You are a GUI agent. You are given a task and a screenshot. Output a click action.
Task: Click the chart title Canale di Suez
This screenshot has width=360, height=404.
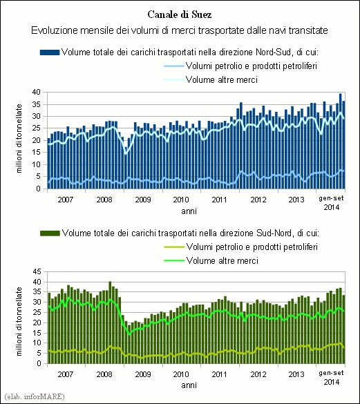(x=180, y=15)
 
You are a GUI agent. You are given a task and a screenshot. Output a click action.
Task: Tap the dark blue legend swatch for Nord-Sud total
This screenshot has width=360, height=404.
(x=50, y=52)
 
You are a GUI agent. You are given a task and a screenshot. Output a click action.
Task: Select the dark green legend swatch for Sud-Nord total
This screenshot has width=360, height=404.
(x=50, y=233)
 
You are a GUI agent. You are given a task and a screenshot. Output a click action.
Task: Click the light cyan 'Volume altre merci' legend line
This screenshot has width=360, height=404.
(x=174, y=79)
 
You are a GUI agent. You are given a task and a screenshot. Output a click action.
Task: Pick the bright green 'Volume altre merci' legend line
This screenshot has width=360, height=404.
(x=174, y=260)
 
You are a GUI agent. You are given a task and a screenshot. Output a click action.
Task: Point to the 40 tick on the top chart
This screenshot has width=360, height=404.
(x=37, y=92)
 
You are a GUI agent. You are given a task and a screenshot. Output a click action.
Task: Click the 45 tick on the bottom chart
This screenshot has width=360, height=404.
(x=37, y=271)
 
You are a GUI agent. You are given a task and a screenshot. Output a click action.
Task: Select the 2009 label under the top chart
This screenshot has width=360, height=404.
(x=143, y=200)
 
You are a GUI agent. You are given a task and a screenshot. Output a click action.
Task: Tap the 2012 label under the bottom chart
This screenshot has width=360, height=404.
(x=258, y=374)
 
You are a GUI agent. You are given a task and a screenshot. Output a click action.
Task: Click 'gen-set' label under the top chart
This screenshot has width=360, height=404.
(x=332, y=198)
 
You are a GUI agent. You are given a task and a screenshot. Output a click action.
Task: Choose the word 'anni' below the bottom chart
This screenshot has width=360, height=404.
(x=189, y=385)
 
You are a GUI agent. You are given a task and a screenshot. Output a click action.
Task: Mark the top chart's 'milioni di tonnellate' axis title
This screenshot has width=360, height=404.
(x=19, y=139)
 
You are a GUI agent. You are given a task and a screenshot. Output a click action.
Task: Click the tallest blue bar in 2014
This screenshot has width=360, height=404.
(x=341, y=141)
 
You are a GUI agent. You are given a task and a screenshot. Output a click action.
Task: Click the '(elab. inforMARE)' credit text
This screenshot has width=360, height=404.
(x=35, y=396)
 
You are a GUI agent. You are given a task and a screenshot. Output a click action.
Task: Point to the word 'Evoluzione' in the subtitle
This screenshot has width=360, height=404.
(x=54, y=30)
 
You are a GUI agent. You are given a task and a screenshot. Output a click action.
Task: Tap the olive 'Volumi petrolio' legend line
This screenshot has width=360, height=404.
(x=174, y=247)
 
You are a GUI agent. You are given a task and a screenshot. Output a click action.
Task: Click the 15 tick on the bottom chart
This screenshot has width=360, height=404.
(x=37, y=333)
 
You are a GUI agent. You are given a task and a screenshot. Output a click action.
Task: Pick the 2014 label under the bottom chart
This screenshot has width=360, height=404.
(x=332, y=382)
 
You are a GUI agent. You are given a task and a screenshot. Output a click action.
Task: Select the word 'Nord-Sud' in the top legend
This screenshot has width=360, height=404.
(x=274, y=52)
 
